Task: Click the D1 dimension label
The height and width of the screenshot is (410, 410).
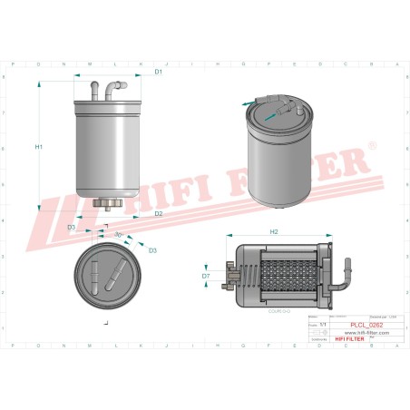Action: point(158,71)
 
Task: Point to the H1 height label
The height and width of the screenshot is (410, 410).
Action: point(39,146)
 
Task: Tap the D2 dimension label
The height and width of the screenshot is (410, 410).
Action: point(158,214)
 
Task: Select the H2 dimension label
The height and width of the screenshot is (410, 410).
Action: point(274,232)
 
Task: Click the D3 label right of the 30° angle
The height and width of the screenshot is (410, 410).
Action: point(151,249)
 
